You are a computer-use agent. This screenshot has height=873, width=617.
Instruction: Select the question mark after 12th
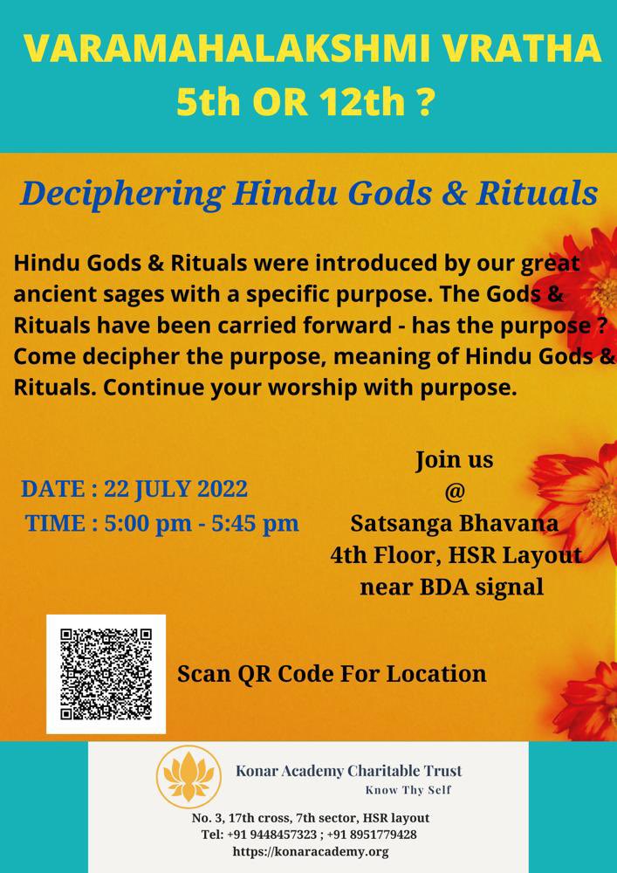coord(426,104)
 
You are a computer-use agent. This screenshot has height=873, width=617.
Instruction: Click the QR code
coord(106,673)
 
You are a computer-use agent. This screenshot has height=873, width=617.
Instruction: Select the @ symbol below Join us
coord(455,491)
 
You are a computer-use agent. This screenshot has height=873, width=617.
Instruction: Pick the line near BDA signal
coord(451,587)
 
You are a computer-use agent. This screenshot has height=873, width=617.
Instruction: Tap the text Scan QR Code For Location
coord(332,674)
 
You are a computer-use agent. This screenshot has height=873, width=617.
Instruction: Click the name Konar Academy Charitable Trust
coord(349,771)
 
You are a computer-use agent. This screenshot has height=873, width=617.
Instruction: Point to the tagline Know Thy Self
coord(408,791)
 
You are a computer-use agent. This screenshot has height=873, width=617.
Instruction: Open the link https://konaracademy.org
coord(311,851)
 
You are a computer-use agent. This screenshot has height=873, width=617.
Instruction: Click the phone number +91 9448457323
coord(273,835)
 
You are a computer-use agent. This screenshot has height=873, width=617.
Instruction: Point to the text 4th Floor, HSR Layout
coord(456,555)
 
